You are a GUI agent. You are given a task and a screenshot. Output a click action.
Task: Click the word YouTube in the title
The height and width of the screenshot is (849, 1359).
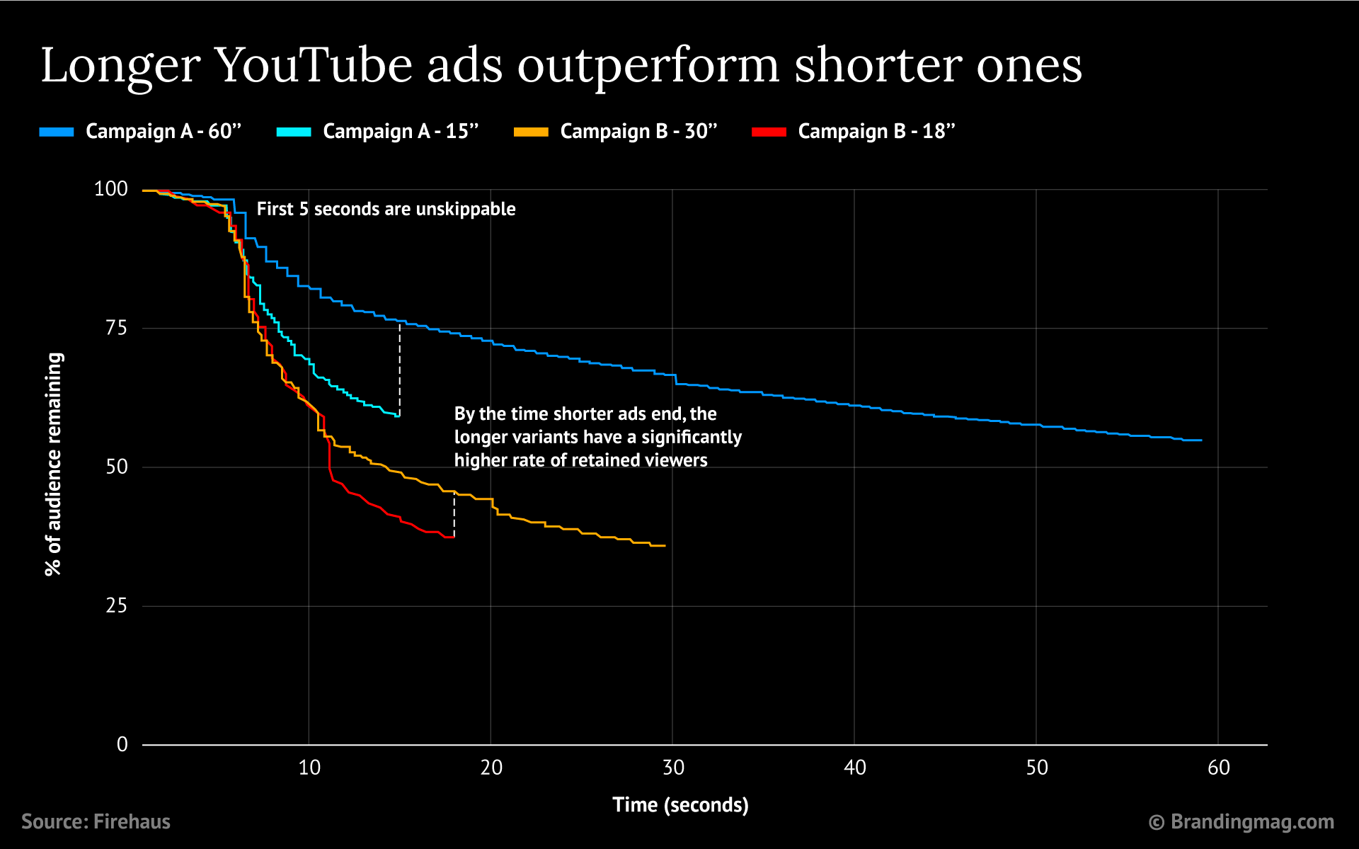pos(314,66)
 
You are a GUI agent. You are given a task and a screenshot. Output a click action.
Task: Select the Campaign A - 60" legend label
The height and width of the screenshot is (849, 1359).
pos(164,132)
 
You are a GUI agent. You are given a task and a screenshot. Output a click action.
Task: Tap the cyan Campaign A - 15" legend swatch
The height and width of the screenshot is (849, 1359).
pos(294,132)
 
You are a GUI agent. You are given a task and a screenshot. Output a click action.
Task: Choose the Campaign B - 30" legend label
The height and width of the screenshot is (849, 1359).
pos(638,132)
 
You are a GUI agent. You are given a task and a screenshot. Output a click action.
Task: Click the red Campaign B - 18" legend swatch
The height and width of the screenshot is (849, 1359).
pos(769,132)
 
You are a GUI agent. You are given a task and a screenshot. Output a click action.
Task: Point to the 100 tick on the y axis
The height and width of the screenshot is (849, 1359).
pos(111,189)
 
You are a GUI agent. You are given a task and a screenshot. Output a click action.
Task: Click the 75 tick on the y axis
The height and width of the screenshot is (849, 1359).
pos(116,328)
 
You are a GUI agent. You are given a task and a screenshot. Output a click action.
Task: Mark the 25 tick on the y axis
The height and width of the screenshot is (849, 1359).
pos(116,606)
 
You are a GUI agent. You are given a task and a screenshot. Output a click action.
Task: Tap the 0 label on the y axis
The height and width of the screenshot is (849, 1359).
pos(122,744)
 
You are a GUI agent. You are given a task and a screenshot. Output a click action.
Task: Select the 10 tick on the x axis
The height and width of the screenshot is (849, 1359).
pos(309,768)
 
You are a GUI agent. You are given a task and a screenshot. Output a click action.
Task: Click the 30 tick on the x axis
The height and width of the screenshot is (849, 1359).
pos(673,768)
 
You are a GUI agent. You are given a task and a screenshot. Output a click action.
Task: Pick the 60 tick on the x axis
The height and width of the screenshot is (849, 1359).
pos(1219,768)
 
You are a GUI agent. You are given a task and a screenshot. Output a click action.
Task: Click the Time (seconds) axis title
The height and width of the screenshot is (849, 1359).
pos(680,805)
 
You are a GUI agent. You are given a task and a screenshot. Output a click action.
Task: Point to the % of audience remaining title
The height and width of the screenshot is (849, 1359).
pos(54,465)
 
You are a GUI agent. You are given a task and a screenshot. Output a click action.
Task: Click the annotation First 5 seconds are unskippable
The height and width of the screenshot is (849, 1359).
pos(386,209)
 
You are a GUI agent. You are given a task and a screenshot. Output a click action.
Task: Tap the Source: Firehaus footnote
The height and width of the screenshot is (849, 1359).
pos(96,821)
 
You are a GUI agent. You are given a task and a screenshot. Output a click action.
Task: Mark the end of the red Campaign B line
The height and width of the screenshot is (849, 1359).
pos(453,537)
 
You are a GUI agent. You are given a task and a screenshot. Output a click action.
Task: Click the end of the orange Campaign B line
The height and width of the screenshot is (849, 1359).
pos(664,546)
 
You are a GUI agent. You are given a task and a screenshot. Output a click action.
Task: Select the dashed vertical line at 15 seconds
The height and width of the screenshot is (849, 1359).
pos(400,368)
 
